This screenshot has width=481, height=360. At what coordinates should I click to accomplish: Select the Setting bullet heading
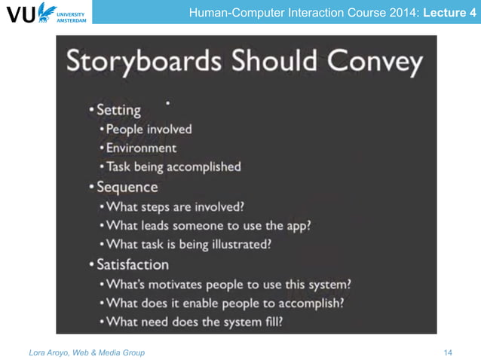click(118, 110)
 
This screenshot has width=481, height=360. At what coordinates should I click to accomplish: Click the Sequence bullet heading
click(127, 187)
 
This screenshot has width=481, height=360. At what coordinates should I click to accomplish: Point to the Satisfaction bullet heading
click(132, 264)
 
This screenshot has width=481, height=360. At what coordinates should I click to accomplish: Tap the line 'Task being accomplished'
click(173, 166)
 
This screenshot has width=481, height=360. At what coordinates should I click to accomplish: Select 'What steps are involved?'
click(176, 206)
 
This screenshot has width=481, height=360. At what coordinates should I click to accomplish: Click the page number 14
click(449, 352)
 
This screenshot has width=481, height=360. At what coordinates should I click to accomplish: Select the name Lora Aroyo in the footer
click(46, 352)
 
